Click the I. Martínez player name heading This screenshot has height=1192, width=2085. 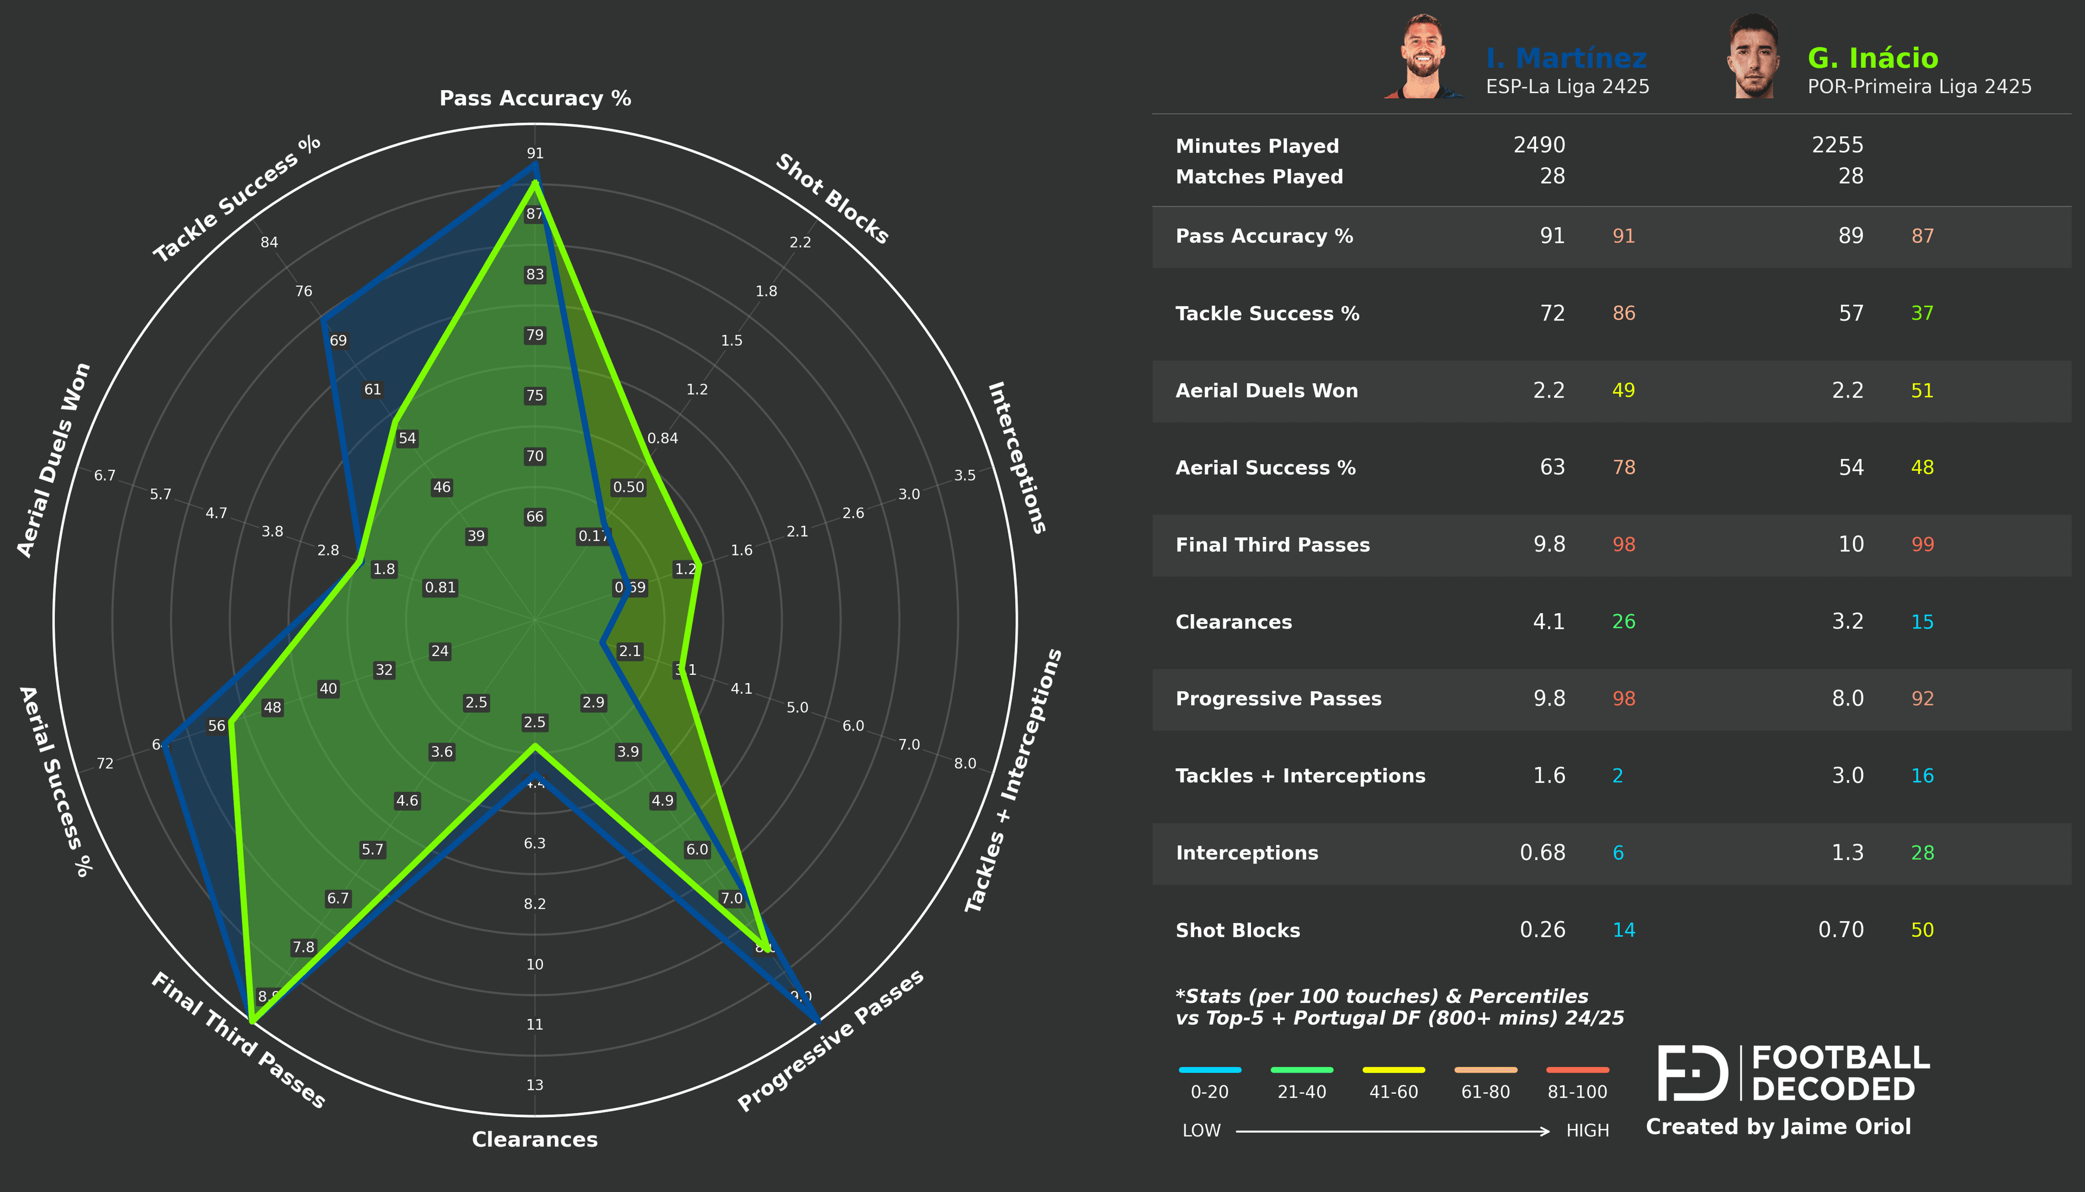click(1565, 58)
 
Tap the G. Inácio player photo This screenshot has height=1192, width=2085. click(1753, 58)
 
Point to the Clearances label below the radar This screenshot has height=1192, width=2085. click(534, 1139)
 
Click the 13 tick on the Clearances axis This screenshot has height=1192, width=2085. click(534, 1085)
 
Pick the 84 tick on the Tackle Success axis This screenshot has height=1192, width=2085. click(269, 242)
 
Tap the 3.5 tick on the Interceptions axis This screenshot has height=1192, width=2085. click(965, 476)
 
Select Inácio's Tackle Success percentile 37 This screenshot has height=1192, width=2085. click(1922, 313)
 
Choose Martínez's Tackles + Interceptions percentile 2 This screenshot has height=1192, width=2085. click(1617, 775)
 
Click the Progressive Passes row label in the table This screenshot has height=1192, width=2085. click(1278, 698)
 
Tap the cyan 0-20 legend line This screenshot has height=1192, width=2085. click(1209, 1069)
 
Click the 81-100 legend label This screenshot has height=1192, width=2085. click(1577, 1092)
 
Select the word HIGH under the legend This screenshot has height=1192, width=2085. click(1587, 1131)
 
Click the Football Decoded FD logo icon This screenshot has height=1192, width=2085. click(1691, 1073)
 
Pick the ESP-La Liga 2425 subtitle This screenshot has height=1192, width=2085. click(1567, 87)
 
